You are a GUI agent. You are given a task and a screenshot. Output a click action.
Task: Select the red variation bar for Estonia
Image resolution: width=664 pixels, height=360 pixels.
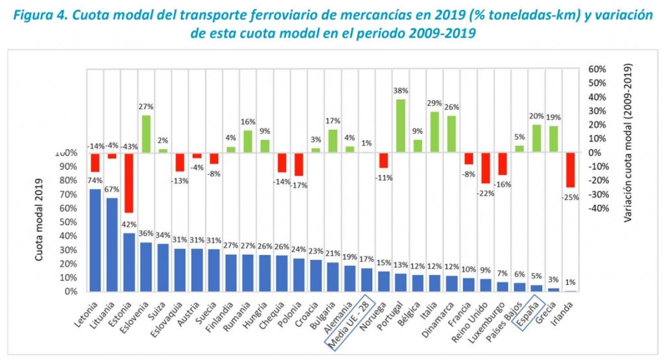click(x=129, y=182)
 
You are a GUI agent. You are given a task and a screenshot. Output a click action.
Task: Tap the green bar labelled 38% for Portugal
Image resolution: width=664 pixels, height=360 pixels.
click(x=401, y=126)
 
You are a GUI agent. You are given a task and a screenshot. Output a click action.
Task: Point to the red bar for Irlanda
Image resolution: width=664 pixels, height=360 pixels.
click(x=570, y=170)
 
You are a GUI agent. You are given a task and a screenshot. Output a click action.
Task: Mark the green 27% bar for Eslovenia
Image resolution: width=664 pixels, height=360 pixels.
click(x=146, y=134)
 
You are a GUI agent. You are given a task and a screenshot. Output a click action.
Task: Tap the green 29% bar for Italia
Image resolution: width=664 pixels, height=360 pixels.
click(x=434, y=132)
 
